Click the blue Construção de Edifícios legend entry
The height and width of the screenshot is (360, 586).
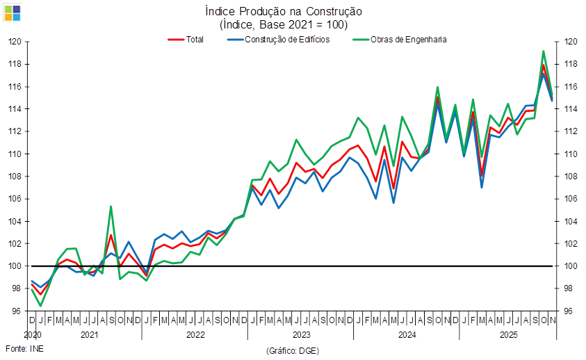point(278,40)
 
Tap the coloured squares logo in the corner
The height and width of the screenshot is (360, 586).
point(13,13)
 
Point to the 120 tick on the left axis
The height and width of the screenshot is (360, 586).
point(15,42)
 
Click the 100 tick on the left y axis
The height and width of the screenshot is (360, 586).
point(15,266)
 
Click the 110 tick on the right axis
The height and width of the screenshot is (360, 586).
point(571,154)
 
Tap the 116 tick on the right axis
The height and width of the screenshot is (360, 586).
point(571,86)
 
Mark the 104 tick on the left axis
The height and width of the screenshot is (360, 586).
point(15,221)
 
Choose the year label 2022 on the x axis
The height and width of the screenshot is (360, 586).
point(195,334)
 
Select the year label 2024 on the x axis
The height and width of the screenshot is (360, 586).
point(407,334)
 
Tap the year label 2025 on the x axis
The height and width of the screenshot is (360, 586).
point(509,334)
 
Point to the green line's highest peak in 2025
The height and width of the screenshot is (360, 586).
point(544,51)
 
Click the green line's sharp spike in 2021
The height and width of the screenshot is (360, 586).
point(111,206)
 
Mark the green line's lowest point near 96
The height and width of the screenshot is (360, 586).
point(40,305)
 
